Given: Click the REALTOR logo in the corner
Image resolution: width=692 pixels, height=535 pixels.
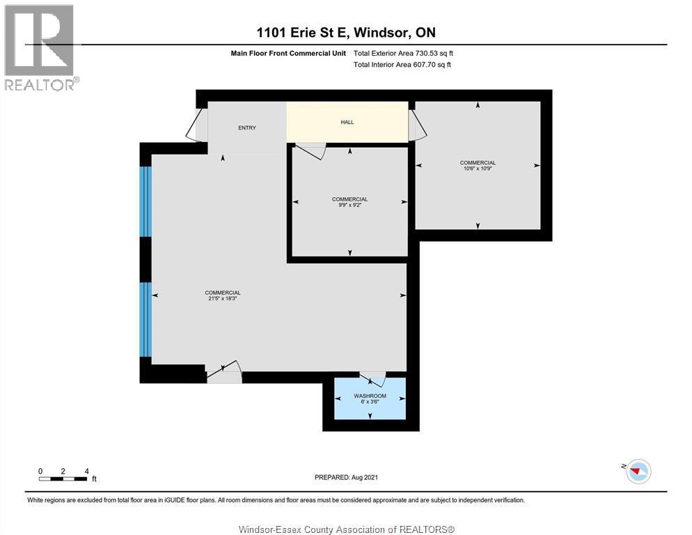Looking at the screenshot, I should point(41,47).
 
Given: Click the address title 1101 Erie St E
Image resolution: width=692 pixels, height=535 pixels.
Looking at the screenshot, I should point(345,32).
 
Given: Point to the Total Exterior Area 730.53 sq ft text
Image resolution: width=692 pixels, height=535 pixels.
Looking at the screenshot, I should point(403,53).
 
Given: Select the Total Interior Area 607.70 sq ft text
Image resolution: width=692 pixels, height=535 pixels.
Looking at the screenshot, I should point(402,65).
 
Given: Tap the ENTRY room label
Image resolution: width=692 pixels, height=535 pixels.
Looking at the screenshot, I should point(247,127).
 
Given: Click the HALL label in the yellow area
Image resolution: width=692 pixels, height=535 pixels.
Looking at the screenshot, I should point(347,122).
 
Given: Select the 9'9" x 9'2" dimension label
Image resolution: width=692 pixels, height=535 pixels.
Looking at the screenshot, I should point(349,205).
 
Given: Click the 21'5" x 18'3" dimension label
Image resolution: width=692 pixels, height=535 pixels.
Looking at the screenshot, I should point(223,298).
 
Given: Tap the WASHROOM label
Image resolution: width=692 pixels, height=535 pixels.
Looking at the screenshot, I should point(370,396).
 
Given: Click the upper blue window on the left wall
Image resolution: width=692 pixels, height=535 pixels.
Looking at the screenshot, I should point(146,201).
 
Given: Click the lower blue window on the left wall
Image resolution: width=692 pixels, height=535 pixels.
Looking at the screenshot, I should point(146,319).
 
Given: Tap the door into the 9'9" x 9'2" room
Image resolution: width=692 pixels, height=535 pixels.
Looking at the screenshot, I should point(310,150).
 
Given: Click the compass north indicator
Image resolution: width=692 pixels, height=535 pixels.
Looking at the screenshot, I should point(637,472).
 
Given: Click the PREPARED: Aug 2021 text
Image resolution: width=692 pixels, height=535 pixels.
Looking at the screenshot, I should point(346,477).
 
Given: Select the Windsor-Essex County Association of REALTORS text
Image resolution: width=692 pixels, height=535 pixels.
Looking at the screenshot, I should point(346,529).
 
